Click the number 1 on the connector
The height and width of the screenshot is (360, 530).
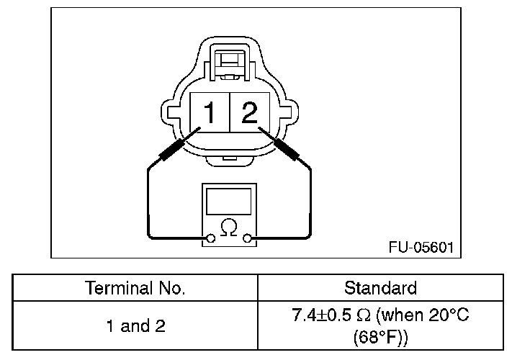tap(210, 112)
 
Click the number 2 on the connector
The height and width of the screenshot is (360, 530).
tap(249, 112)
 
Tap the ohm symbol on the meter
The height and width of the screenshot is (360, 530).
tap(229, 228)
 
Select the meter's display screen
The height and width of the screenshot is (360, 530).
tap(229, 202)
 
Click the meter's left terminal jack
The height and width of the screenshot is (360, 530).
tap(210, 238)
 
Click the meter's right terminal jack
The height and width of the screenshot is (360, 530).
tap(248, 238)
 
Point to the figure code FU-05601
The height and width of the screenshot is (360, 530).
tap(421, 248)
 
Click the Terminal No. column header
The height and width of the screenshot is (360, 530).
tap(135, 288)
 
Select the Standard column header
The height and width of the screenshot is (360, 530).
tap(381, 288)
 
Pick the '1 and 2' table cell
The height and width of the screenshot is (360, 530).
tap(136, 326)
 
